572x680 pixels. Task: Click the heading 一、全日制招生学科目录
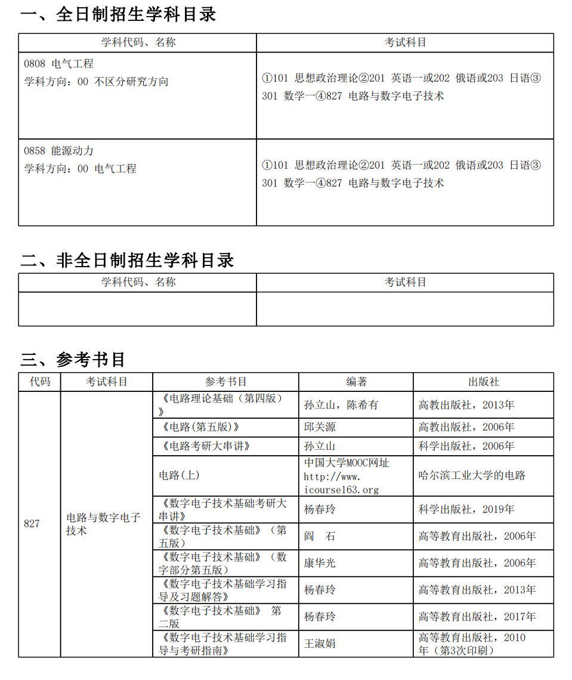[118, 15]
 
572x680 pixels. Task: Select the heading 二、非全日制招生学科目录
[127, 260]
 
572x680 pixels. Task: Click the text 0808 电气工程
[58, 64]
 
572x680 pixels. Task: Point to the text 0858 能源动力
[58, 151]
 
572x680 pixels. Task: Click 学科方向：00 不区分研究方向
[96, 82]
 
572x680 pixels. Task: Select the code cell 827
[32, 524]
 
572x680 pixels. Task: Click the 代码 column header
[40, 382]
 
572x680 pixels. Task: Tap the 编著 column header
[356, 382]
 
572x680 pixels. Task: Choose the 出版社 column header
[483, 382]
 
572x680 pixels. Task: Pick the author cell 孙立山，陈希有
[341, 405]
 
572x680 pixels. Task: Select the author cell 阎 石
[320, 536]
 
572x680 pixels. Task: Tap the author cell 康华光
[320, 563]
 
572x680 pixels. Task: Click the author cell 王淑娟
[320, 644]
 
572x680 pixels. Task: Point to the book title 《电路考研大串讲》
[204, 446]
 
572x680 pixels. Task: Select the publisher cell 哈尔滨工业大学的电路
[472, 475]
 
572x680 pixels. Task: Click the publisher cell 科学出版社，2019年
[466, 509]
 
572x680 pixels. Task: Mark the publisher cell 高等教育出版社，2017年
[477, 617]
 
